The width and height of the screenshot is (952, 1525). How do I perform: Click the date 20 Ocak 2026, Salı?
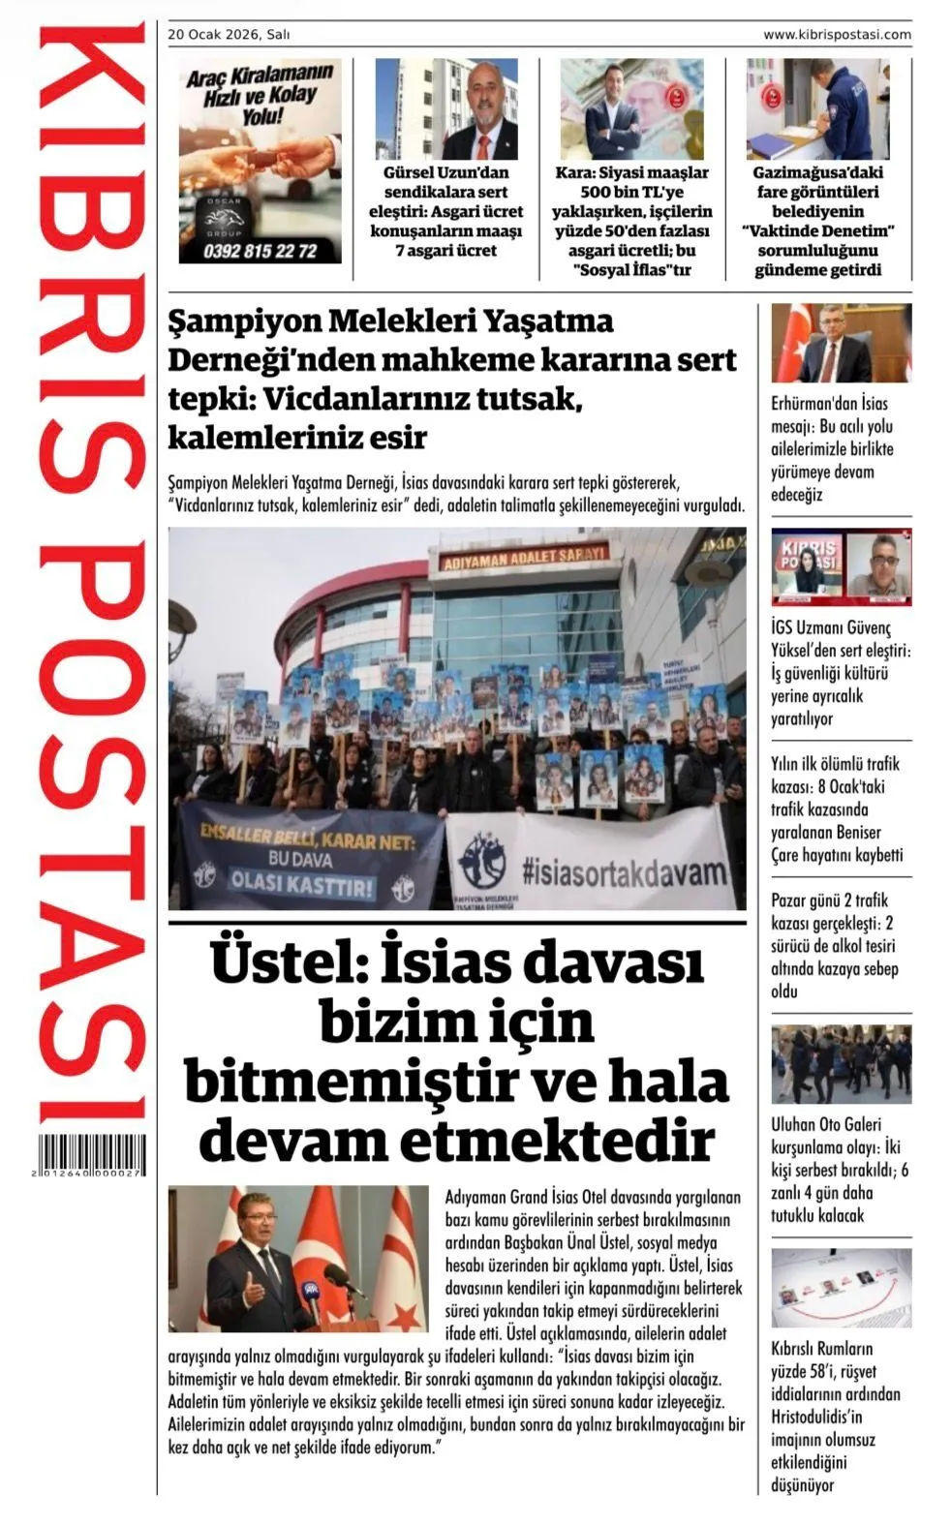pos(229,35)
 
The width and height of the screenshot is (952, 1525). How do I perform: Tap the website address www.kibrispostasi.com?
pos(836,35)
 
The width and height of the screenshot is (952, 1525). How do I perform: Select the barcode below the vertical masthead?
pos(92,1154)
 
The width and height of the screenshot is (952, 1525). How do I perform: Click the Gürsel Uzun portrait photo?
pos(445,108)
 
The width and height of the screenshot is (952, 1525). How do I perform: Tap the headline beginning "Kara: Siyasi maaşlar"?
pos(631,221)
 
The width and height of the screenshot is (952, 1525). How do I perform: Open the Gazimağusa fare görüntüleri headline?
pos(817,221)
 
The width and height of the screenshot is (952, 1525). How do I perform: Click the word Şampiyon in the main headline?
pos(242,320)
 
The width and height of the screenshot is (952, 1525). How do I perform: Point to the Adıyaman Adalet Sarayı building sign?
pos(524,558)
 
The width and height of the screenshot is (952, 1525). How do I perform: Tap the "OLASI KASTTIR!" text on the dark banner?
pos(301,885)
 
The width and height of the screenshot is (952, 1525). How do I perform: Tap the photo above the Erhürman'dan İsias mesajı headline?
pos(841,343)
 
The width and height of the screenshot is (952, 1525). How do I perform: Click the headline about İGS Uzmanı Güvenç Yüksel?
pos(840,673)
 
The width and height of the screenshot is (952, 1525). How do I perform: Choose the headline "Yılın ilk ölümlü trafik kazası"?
pos(837,809)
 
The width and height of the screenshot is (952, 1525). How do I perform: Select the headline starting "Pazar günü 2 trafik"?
pos(834,945)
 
